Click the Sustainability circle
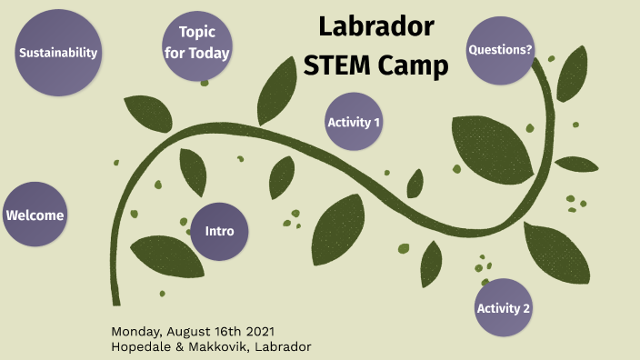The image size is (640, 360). pyautogui.click(x=58, y=53)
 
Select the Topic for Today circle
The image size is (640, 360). pyautogui.click(x=196, y=43)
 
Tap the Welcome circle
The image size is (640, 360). pyautogui.click(x=35, y=215)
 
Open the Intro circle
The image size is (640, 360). pyautogui.click(x=219, y=231)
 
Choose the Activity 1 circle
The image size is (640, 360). pyautogui.click(x=354, y=122)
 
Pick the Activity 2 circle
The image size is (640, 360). pyautogui.click(x=504, y=308)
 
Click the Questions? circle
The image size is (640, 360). pyautogui.click(x=500, y=50)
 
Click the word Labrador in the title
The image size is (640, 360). pyautogui.click(x=376, y=28)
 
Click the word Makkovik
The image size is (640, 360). pyautogui.click(x=225, y=346)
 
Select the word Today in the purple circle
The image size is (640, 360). pyautogui.click(x=209, y=53)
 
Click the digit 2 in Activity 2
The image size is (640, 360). pyautogui.click(x=526, y=308)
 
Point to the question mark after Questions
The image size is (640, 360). pyautogui.click(x=529, y=50)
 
